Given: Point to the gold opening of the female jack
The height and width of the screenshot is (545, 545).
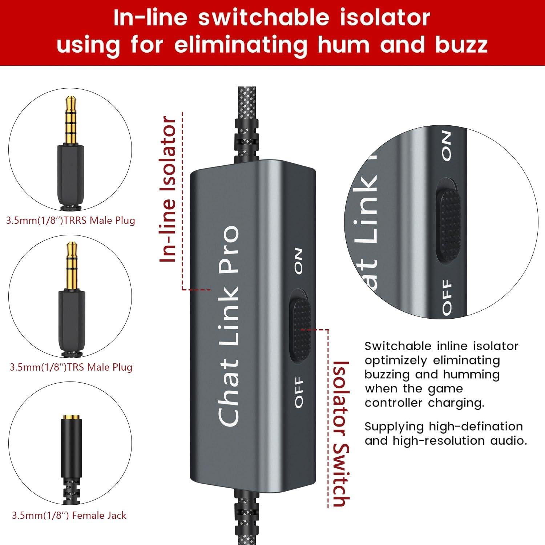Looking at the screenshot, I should coord(71,417).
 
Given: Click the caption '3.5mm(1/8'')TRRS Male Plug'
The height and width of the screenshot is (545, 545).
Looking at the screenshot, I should coord(70,221).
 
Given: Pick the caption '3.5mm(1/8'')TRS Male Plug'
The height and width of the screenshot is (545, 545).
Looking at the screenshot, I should coord(71,367).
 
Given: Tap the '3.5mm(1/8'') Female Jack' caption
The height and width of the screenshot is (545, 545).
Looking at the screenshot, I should coord(69,516).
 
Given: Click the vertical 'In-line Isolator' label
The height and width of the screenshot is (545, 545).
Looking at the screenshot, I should coord(168,189).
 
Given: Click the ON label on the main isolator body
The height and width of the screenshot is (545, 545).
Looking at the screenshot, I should coord(298,261).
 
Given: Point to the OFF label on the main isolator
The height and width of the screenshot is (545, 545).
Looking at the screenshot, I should coord(299,392).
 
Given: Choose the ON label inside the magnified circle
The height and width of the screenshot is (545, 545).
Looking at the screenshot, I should coord(447,146).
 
